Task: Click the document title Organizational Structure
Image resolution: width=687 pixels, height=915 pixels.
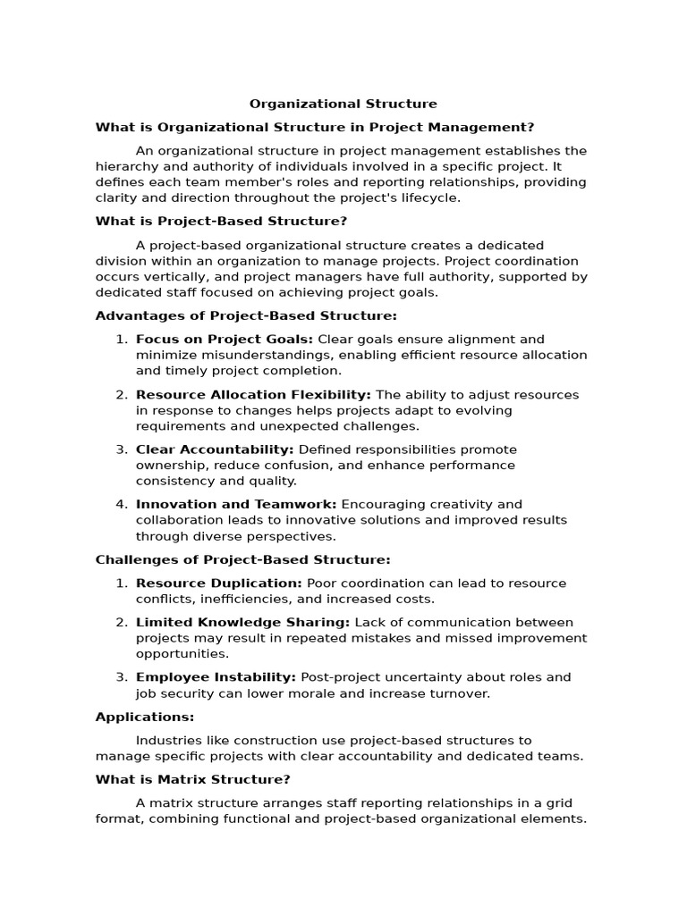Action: click(343, 104)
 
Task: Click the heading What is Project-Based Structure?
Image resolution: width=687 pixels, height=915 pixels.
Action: click(221, 221)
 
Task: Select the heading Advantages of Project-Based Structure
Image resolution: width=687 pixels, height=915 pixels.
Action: click(246, 315)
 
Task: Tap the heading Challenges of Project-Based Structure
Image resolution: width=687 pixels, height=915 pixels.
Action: click(242, 559)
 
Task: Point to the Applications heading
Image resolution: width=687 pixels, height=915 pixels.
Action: click(144, 717)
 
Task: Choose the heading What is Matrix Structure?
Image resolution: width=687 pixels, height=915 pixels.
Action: click(192, 779)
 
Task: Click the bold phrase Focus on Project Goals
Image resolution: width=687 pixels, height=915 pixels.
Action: click(224, 340)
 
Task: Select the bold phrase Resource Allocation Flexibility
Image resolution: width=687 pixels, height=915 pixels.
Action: click(253, 395)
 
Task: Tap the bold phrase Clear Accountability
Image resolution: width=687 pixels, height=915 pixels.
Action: click(215, 449)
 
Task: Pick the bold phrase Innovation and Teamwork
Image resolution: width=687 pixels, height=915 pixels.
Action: click(236, 505)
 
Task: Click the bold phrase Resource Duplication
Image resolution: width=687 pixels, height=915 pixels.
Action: click(219, 583)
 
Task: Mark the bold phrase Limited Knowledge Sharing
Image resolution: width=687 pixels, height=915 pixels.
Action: click(243, 623)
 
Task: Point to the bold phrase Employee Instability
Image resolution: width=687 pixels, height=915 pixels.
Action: click(216, 677)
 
